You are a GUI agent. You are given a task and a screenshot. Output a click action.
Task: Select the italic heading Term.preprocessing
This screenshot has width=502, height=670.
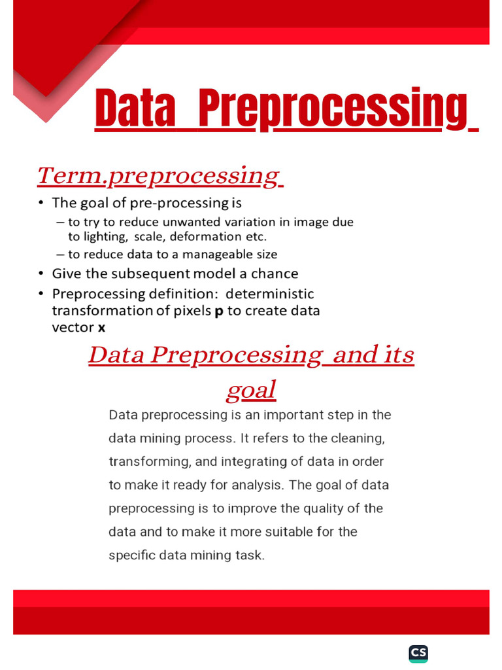[158, 175]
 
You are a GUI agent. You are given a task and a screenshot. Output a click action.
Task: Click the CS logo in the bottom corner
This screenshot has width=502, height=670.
[418, 653]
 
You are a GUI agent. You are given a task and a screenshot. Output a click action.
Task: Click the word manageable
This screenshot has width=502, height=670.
[220, 255]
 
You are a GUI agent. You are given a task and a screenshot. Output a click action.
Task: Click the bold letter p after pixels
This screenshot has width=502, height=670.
[219, 311]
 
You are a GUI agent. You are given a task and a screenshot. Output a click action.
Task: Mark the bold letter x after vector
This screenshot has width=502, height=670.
[101, 328]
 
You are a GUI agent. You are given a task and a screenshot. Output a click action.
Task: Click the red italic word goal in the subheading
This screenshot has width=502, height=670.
[251, 391]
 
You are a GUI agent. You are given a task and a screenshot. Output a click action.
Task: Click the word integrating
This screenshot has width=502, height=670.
[254, 461]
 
